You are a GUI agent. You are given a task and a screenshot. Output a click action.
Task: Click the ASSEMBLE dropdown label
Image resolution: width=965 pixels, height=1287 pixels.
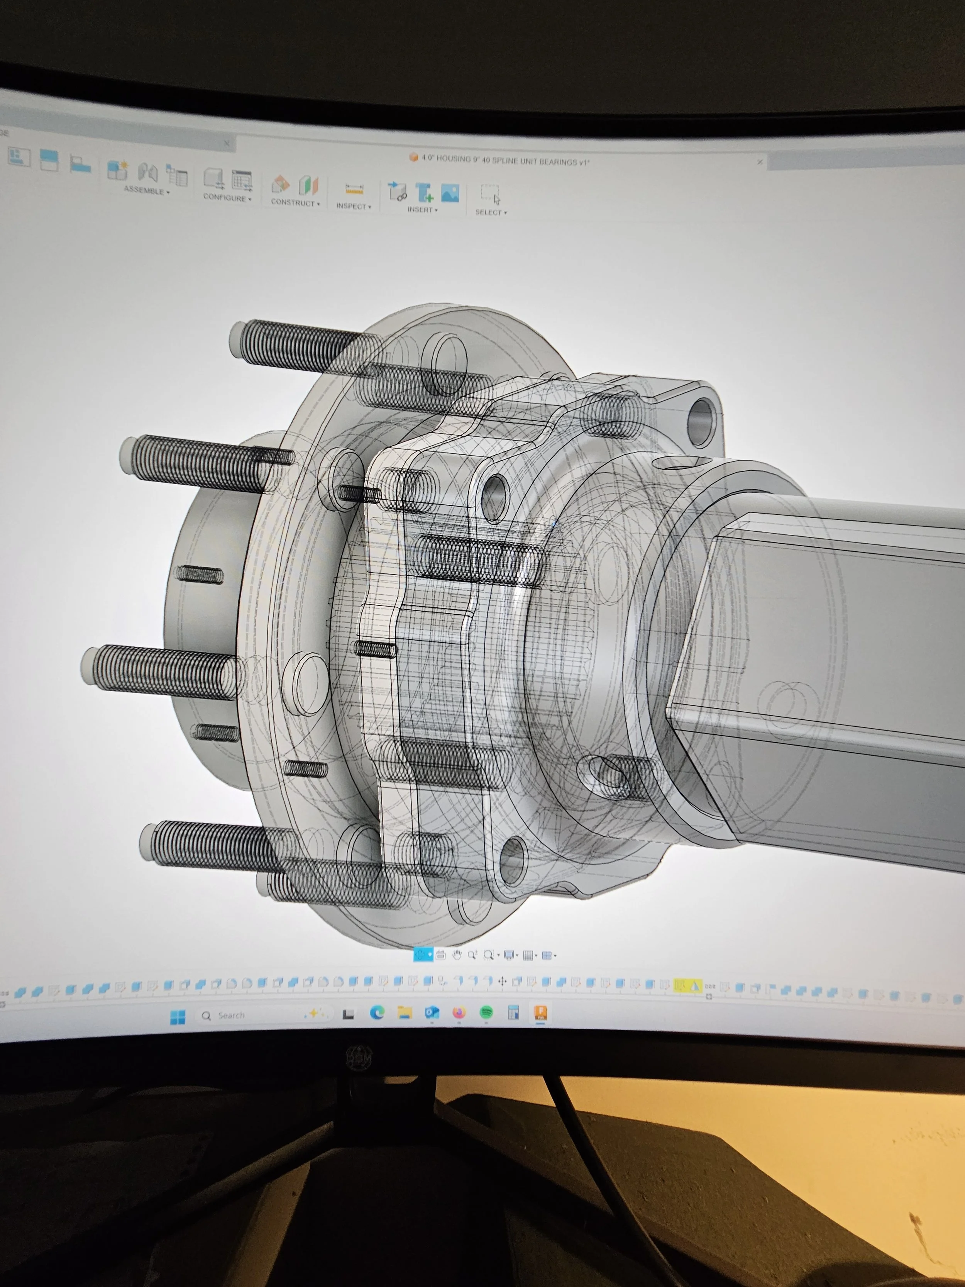pyautogui.click(x=146, y=191)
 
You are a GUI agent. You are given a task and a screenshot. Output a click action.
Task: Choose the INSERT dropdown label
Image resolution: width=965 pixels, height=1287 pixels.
pyautogui.click(x=422, y=209)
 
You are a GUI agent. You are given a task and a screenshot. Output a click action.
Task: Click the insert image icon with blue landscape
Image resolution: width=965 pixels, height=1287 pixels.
pyautogui.click(x=450, y=193)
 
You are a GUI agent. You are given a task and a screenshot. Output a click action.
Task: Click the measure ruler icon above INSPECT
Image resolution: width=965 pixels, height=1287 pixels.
pyautogui.click(x=354, y=189)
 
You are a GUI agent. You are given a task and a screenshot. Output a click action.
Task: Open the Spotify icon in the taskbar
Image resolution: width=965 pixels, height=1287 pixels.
pyautogui.click(x=486, y=1013)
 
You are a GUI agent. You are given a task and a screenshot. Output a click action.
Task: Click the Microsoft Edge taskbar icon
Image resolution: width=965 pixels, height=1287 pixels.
pyautogui.click(x=377, y=1013)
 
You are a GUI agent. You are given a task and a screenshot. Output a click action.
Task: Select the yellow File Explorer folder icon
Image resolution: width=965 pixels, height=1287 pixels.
pyautogui.click(x=404, y=1013)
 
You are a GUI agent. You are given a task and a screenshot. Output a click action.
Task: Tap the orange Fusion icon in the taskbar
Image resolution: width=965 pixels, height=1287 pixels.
pyautogui.click(x=540, y=1012)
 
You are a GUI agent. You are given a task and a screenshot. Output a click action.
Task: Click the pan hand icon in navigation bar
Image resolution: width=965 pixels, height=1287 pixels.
pyautogui.click(x=457, y=955)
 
